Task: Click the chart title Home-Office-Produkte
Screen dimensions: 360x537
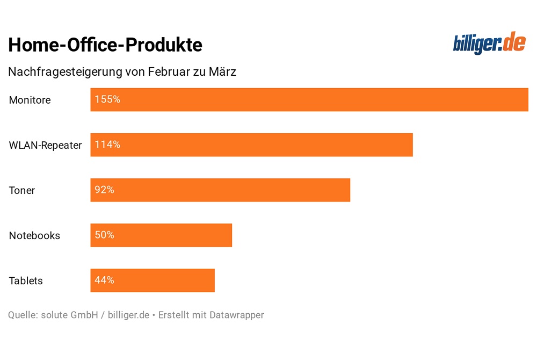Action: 105,45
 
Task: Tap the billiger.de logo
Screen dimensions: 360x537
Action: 489,44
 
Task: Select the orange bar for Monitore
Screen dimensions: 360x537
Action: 309,100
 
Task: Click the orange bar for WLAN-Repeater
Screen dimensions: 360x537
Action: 251,145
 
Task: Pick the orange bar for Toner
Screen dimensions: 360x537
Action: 220,190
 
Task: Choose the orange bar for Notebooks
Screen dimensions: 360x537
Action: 161,235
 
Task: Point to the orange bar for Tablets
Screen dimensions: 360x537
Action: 153,280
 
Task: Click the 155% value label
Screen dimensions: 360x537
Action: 107,99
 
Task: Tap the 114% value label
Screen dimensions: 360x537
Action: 107,145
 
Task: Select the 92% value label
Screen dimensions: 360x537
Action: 105,190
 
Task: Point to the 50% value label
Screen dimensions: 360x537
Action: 105,235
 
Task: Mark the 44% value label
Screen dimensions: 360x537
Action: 105,280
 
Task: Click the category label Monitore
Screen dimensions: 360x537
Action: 30,100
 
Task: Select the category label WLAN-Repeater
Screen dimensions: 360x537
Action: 46,145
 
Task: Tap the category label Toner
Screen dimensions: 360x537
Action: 22,190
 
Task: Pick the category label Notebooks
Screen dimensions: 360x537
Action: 35,235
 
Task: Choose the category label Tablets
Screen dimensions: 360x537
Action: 26,280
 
